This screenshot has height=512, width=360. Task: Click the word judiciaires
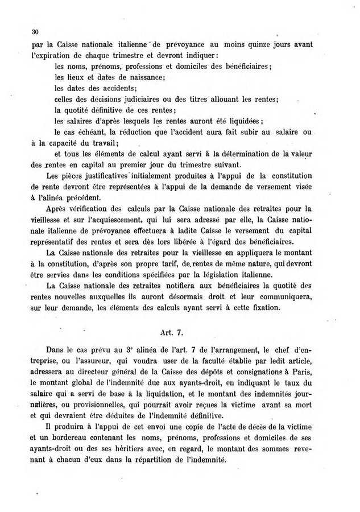(x=173, y=99)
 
